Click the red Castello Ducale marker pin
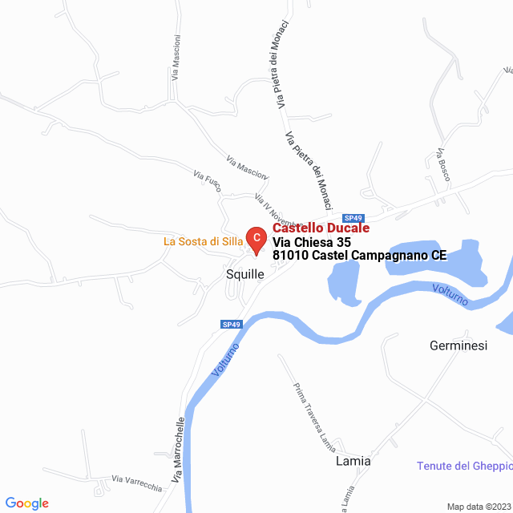255,239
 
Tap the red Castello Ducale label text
321,228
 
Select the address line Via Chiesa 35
312,242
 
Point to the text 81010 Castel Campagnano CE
359,256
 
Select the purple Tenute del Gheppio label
464,467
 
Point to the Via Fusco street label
207,179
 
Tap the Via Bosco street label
442,164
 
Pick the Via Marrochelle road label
179,454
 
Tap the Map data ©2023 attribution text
478,507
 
